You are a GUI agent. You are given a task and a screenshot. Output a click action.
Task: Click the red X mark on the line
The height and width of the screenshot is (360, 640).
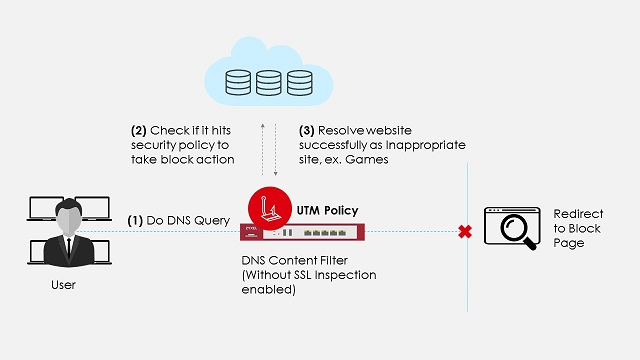pyautogui.click(x=464, y=232)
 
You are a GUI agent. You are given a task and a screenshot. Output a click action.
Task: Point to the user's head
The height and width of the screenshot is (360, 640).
pyautogui.click(x=66, y=214)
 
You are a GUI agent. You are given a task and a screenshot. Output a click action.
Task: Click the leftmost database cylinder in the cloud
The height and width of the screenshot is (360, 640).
pyautogui.click(x=239, y=81)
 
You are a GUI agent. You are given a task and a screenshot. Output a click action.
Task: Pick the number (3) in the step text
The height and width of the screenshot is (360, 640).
pyautogui.click(x=309, y=130)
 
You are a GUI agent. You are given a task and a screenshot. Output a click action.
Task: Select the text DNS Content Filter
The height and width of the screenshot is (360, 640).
pyautogui.click(x=285, y=259)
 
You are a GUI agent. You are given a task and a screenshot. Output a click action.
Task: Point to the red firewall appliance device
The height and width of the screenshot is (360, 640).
pyautogui.click(x=302, y=233)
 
